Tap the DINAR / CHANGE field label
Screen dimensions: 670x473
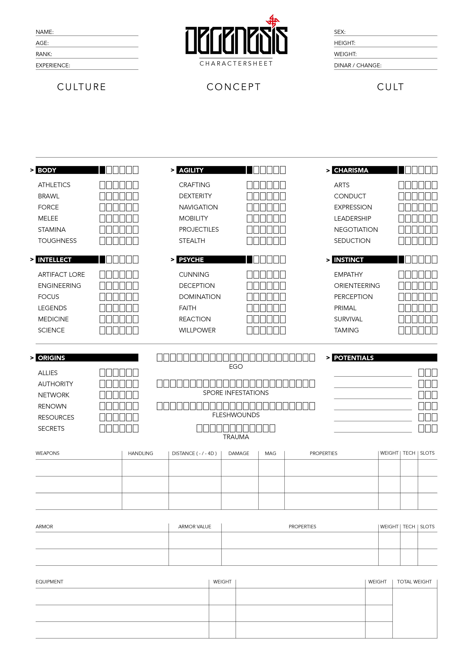pos(358,65)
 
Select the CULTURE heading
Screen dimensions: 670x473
pos(82,87)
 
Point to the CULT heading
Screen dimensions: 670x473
pos(390,87)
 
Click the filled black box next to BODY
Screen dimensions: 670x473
pos(102,170)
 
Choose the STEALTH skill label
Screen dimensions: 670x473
pos(192,241)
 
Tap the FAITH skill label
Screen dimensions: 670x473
pos(187,308)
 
